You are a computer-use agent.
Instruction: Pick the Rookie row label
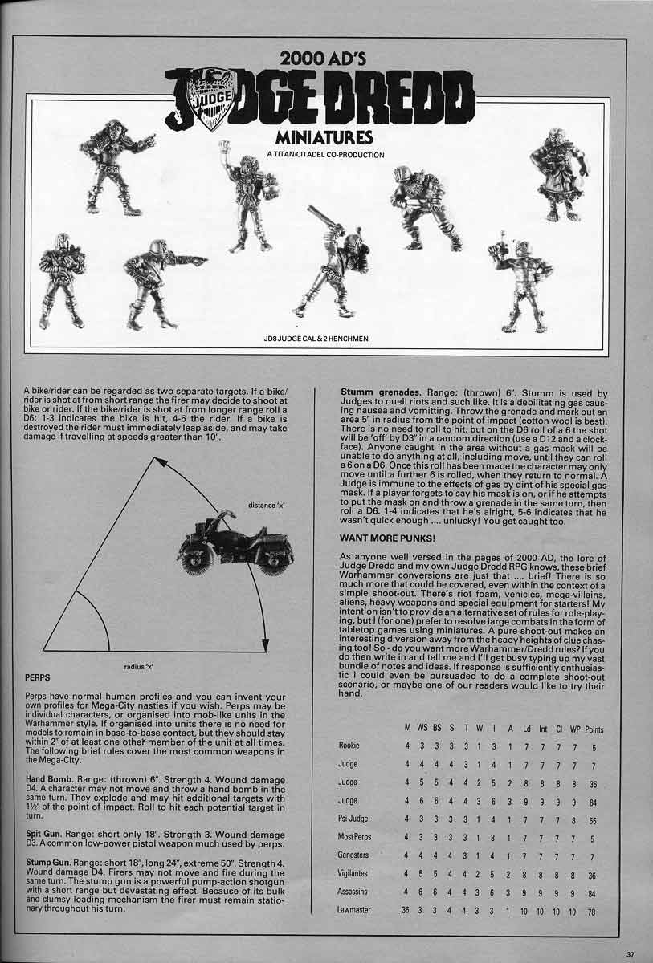coord(349,746)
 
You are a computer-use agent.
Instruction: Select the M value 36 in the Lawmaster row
coord(406,911)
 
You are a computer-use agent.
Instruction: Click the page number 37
coord(631,953)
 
